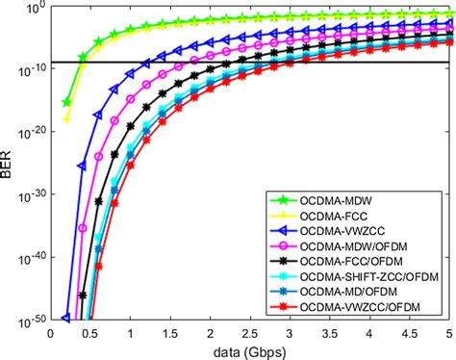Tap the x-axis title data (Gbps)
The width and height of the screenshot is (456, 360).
[252, 350]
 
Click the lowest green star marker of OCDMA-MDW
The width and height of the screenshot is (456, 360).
[66, 102]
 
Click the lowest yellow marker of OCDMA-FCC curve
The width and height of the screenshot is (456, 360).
[66, 119]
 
